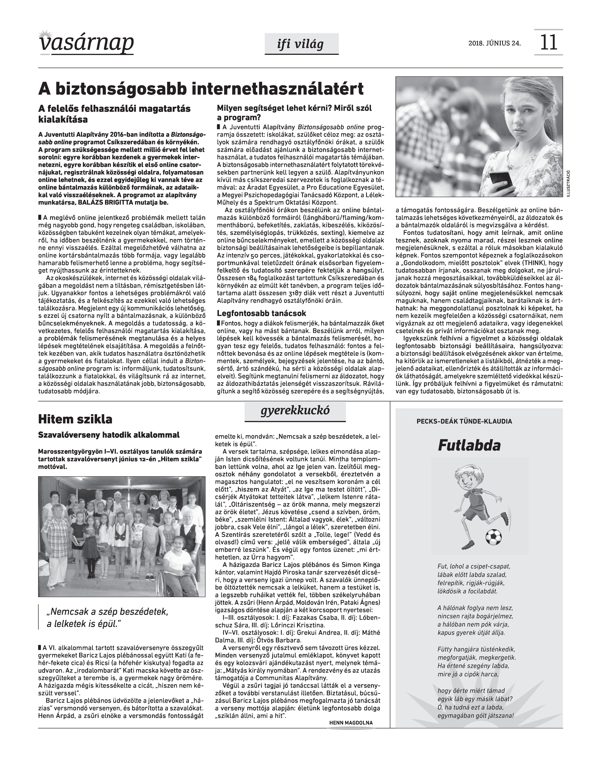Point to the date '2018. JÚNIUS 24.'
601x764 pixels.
click(x=494, y=44)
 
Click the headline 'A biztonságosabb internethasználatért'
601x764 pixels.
click(x=200, y=89)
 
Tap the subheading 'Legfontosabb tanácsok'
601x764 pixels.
click(x=261, y=313)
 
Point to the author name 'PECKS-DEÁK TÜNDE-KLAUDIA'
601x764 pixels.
click(x=464, y=421)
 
